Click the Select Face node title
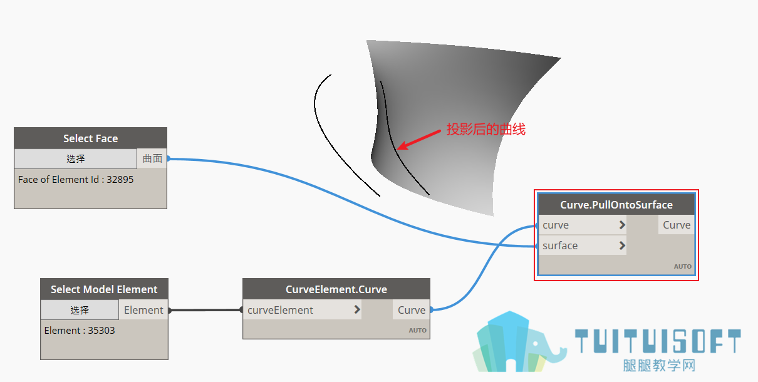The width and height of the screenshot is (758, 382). pyautogui.click(x=90, y=138)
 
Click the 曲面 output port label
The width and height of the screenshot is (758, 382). pyautogui.click(x=152, y=158)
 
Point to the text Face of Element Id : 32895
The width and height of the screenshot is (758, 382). pyautogui.click(x=76, y=179)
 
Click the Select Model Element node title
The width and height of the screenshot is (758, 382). pyautogui.click(x=104, y=289)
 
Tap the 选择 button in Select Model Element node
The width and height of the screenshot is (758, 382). pyautogui.click(x=80, y=310)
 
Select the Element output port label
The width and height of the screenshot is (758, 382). pyautogui.click(x=143, y=310)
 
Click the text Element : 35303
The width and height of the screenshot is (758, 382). pyautogui.click(x=80, y=330)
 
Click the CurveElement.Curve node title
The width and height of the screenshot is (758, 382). pyautogui.click(x=336, y=289)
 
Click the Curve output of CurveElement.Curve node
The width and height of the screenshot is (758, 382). pyautogui.click(x=412, y=310)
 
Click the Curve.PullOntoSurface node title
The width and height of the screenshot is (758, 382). pyautogui.click(x=616, y=205)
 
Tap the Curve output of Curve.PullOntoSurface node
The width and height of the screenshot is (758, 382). pyautogui.click(x=677, y=225)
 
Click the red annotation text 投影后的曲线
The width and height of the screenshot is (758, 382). pyautogui.click(x=486, y=130)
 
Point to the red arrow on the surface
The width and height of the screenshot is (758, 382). pyautogui.click(x=418, y=140)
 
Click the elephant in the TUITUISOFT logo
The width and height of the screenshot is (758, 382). pyautogui.click(x=540, y=349)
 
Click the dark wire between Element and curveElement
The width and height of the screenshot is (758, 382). pyautogui.click(x=205, y=310)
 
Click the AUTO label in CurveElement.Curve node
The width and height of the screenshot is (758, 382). pyautogui.click(x=417, y=330)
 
